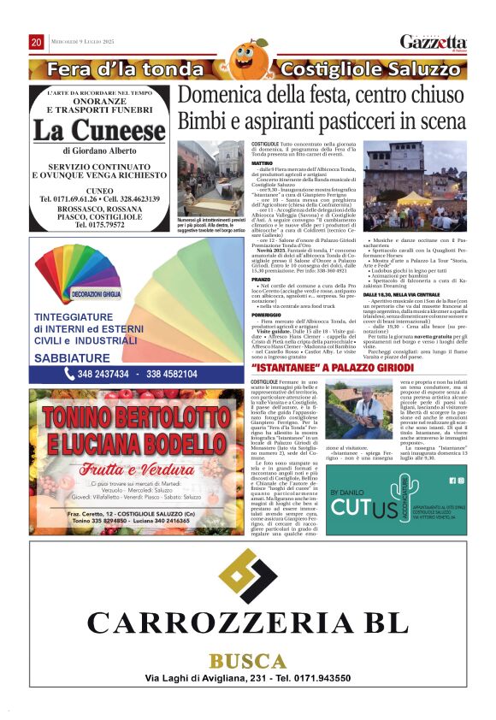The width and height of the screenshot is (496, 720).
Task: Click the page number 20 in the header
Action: tap(37, 43)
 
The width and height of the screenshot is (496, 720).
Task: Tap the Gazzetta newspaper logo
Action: tap(434, 43)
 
